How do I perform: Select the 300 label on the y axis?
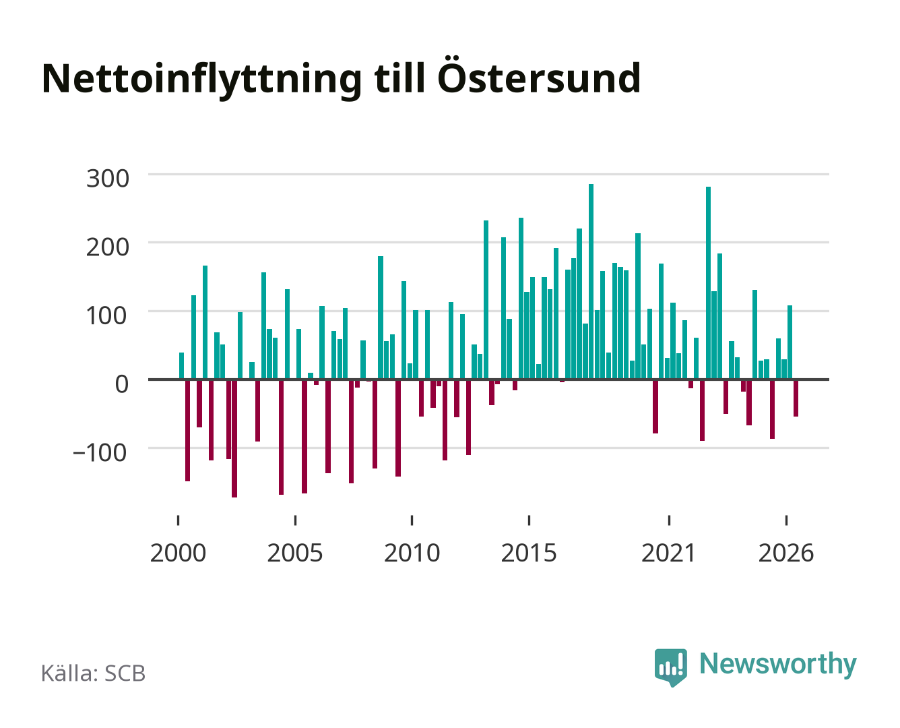click(x=107, y=179)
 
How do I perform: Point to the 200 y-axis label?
click(x=107, y=247)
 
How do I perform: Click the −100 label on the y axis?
click(x=100, y=453)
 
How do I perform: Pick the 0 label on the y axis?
click(x=122, y=384)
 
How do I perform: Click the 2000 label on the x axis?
click(x=178, y=553)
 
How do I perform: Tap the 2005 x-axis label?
click(x=295, y=553)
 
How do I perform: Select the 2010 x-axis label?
click(x=412, y=553)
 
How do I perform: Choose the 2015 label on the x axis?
click(x=529, y=553)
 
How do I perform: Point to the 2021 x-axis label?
click(x=668, y=553)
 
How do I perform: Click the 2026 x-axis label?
click(x=786, y=553)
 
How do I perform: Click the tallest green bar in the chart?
click(x=591, y=282)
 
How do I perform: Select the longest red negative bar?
click(x=234, y=439)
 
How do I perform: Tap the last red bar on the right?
click(x=796, y=398)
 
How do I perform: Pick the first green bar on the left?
click(x=182, y=366)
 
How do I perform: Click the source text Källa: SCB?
click(x=94, y=673)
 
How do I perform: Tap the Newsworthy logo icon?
click(x=671, y=667)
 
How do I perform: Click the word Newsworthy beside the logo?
click(x=778, y=665)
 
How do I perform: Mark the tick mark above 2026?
click(x=786, y=520)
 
